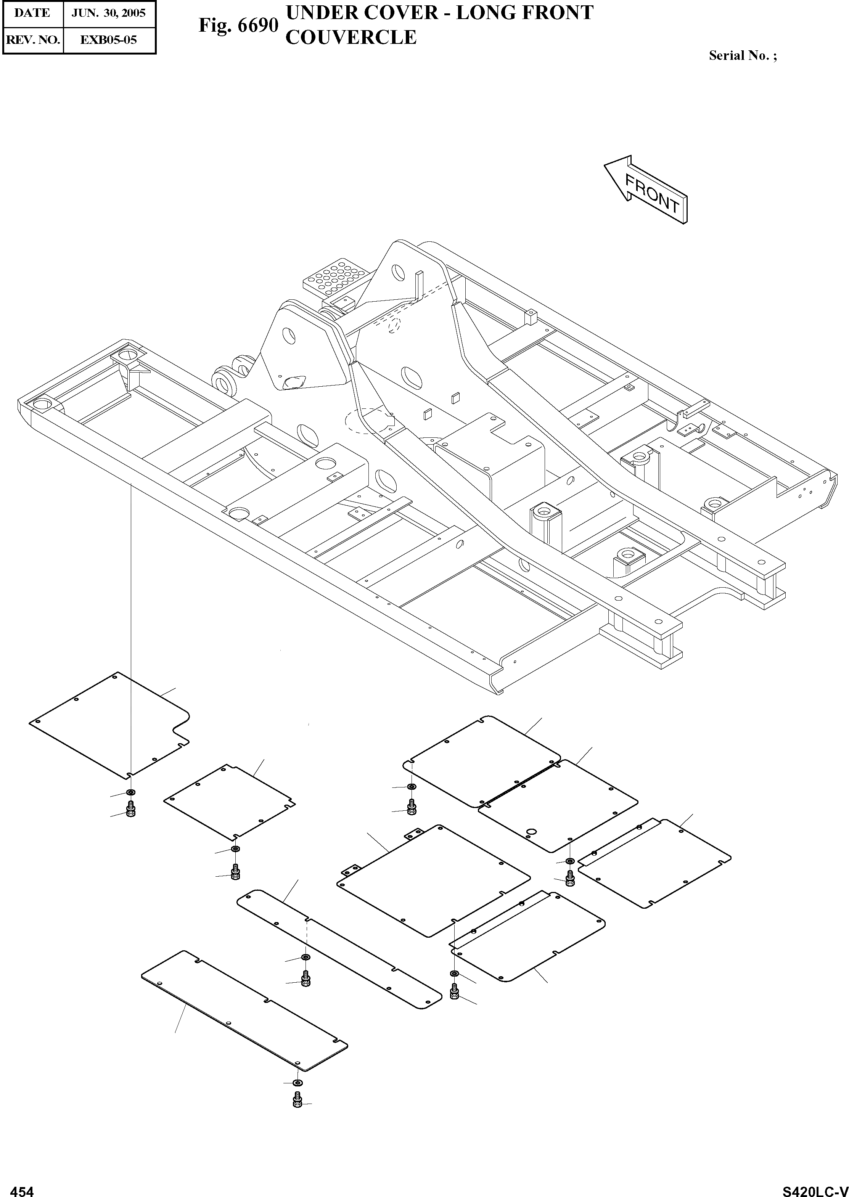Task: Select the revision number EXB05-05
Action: (109, 39)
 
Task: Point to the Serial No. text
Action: (742, 55)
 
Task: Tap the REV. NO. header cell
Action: (32, 39)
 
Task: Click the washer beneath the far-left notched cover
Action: (130, 792)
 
